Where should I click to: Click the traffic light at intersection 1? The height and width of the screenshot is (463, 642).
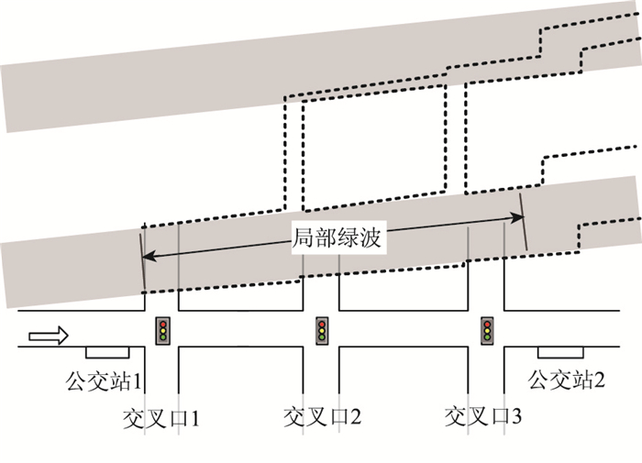162,330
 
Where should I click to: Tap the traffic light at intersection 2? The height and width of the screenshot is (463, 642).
323,330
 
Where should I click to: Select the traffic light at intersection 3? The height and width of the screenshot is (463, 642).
487,330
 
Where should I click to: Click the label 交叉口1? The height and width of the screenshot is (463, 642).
161,418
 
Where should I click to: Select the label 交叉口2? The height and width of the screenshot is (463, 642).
322,418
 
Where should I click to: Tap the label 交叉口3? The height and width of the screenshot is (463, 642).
483,418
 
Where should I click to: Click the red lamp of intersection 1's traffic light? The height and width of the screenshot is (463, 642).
162,322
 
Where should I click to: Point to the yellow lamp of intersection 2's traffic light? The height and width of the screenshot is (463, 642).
323,330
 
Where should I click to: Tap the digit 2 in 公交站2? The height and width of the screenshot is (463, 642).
599,378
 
